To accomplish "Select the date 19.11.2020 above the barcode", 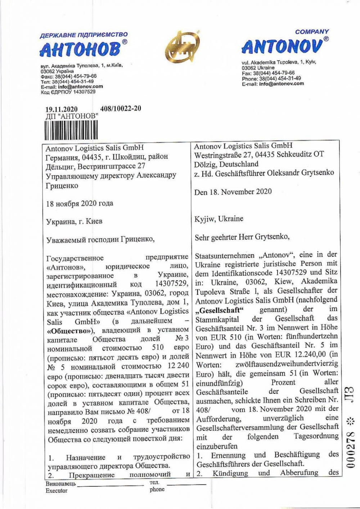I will pyautogui.click(x=61, y=109).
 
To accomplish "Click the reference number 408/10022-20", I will pyautogui.click(x=121, y=108).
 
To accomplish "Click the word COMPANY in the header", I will pyautogui.click(x=312, y=32).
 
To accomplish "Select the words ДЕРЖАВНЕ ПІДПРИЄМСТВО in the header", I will pyautogui.click(x=84, y=35).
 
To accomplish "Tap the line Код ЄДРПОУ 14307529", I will pyautogui.click(x=68, y=92).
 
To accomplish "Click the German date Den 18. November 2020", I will pyautogui.click(x=233, y=192).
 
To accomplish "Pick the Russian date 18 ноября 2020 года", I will pyautogui.click(x=80, y=203).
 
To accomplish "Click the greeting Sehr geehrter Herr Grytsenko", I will pyautogui.click(x=242, y=237).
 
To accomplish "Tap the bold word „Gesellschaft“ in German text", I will pyautogui.click(x=220, y=310).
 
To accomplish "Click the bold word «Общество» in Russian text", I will pyautogui.click(x=70, y=330).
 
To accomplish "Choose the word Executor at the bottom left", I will pyautogui.click(x=57, y=491).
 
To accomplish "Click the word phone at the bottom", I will pyautogui.click(x=157, y=489).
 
